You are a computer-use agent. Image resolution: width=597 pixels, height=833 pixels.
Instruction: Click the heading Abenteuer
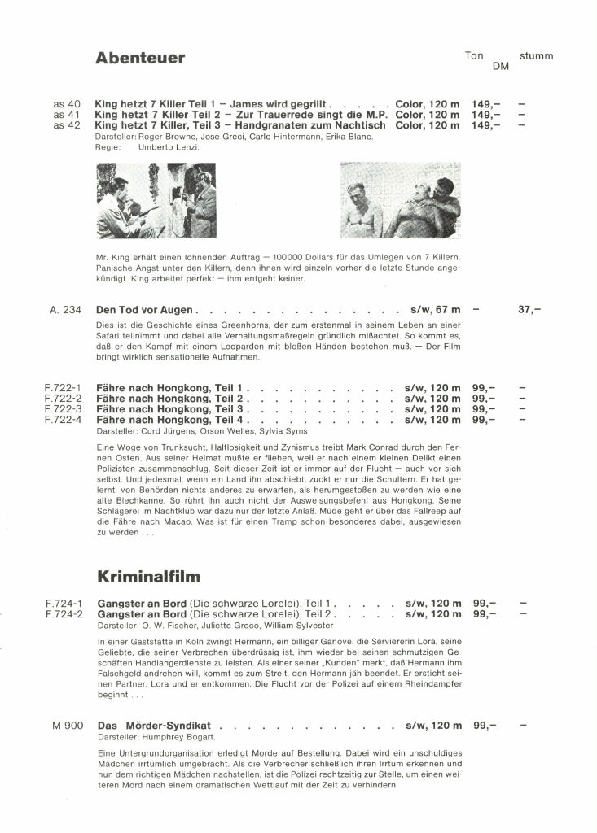coord(140,58)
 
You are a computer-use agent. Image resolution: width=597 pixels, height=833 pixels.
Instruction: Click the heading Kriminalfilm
coord(148,577)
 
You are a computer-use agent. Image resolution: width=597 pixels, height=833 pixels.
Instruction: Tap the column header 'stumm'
coord(536,56)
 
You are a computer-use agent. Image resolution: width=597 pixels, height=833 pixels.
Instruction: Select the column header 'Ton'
coord(474,56)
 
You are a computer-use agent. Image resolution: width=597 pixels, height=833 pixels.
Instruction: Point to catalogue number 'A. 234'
coord(66,310)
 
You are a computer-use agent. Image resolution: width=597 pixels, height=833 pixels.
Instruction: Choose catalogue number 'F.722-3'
coord(64,409)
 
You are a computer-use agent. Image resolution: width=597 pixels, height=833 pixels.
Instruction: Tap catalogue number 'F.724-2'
coord(64,614)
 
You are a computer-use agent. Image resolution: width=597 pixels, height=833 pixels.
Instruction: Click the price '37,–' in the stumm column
coord(529,310)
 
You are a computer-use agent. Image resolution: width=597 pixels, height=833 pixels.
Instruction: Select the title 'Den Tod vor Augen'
coord(144,310)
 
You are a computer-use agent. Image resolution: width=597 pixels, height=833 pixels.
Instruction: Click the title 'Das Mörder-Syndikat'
coord(154,725)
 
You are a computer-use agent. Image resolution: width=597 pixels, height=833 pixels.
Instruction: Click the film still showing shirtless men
coord(400,200)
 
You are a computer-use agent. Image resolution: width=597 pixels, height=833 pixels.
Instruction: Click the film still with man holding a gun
coord(156,200)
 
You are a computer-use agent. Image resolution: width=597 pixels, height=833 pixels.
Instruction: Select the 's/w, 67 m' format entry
coord(433,310)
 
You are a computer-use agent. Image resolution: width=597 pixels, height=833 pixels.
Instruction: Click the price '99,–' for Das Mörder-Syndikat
coord(485,725)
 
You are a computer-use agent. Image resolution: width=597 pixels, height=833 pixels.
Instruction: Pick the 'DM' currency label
coord(501,67)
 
